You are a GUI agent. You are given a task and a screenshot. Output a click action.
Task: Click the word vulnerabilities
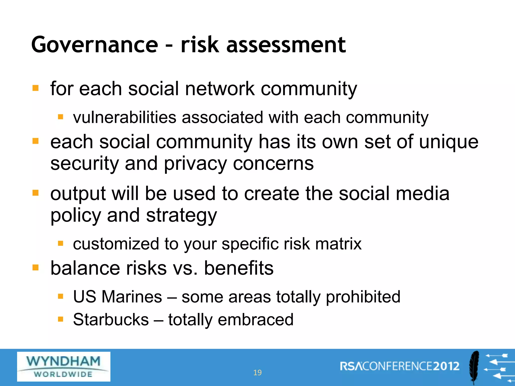tap(124, 117)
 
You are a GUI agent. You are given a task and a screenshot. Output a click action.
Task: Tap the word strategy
tap(181, 216)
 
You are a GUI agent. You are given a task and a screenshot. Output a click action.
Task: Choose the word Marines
tap(132, 297)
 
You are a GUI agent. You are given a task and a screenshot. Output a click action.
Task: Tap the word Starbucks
tap(111, 320)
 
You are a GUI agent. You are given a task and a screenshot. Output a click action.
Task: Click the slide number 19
tap(257, 372)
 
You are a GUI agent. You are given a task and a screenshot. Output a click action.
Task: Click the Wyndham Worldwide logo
tap(64, 366)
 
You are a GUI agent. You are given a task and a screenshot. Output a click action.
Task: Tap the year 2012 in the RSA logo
tap(446, 366)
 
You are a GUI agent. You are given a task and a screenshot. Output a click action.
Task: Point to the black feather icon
tap(474, 367)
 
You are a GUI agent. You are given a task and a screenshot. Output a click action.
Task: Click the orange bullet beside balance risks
tap(35, 268)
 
